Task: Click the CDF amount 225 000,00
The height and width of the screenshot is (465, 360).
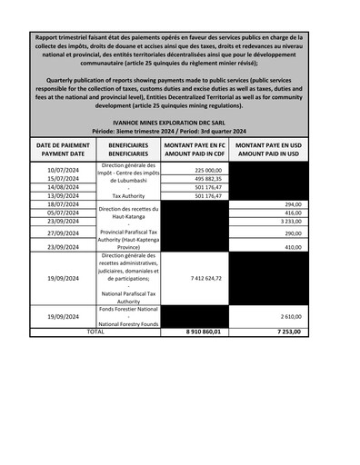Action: (207, 170)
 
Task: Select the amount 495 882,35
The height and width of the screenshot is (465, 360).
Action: (207, 179)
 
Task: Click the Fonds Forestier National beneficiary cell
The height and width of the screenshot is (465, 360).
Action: (128, 316)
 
